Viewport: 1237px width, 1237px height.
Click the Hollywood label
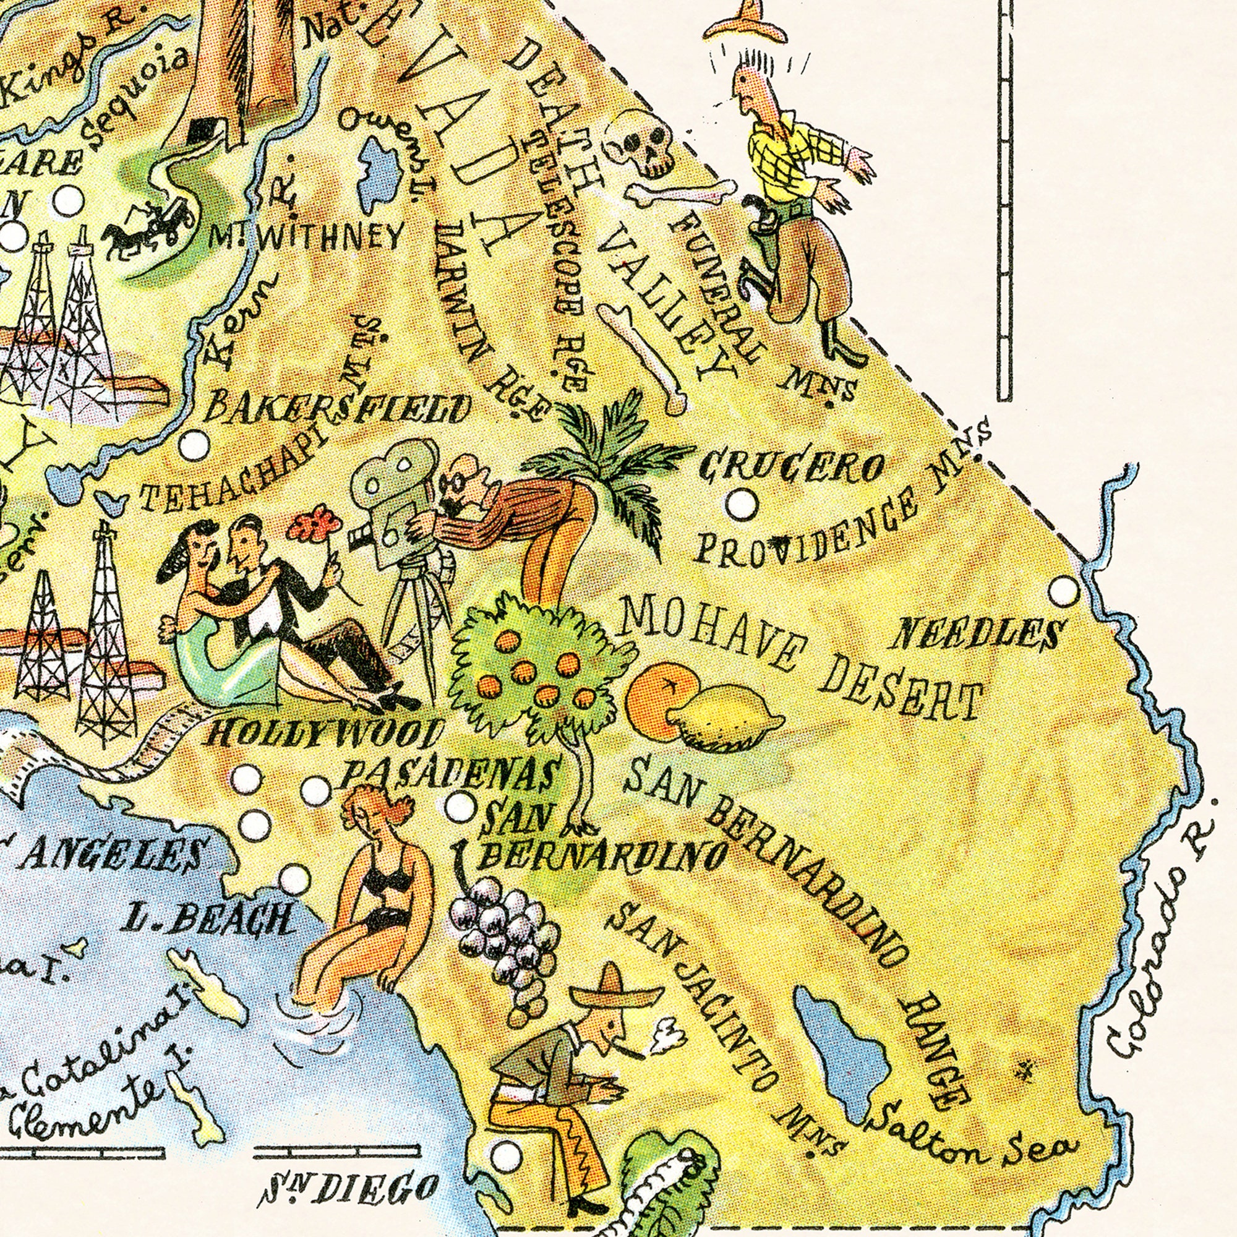(x=323, y=732)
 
